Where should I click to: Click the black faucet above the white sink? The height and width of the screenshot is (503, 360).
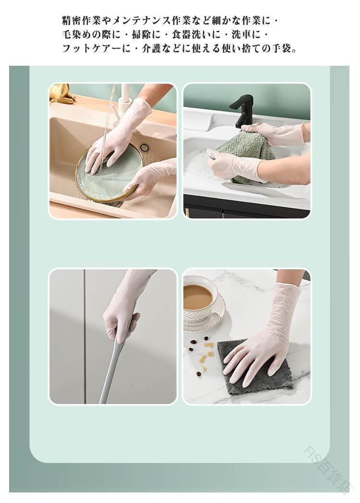(x=241, y=110)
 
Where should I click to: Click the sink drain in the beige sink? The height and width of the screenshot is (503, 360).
(x=145, y=147)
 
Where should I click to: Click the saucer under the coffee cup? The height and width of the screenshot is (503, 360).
(x=205, y=313)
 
